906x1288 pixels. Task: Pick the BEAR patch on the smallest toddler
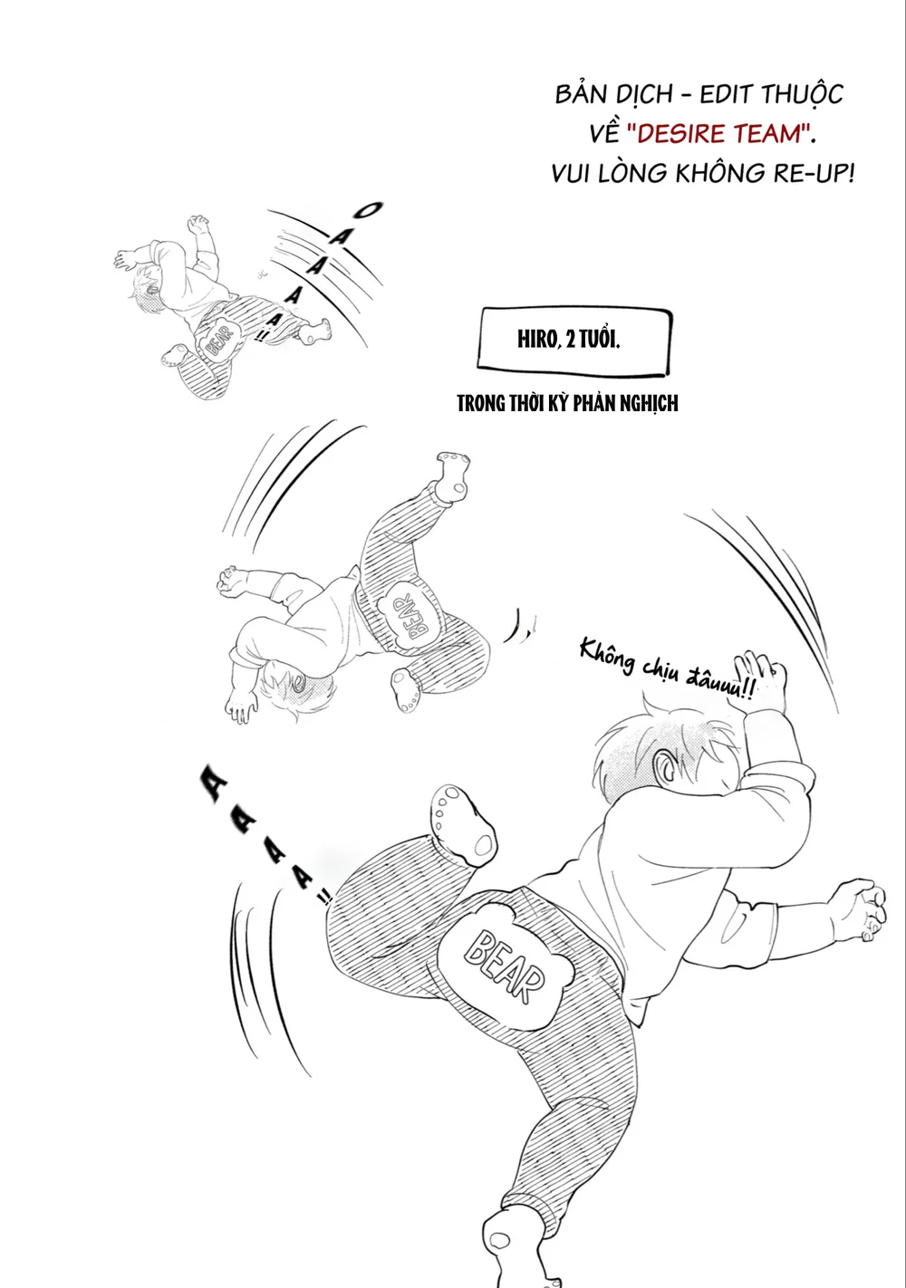pyautogui.click(x=218, y=340)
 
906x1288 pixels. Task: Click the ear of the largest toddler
pyautogui.click(x=668, y=766)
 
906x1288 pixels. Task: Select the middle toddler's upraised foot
pyautogui.click(x=453, y=476)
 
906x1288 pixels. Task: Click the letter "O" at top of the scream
pyautogui.click(x=368, y=210)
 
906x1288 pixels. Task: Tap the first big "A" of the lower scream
pyautogui.click(x=214, y=783)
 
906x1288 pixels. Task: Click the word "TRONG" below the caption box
pyautogui.click(x=481, y=404)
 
